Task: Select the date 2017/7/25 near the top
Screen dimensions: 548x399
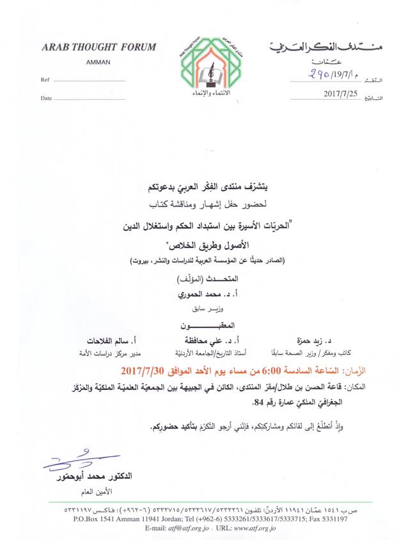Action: (341, 95)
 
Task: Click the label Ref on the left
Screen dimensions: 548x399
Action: (45, 81)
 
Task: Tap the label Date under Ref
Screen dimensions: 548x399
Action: (46, 98)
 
